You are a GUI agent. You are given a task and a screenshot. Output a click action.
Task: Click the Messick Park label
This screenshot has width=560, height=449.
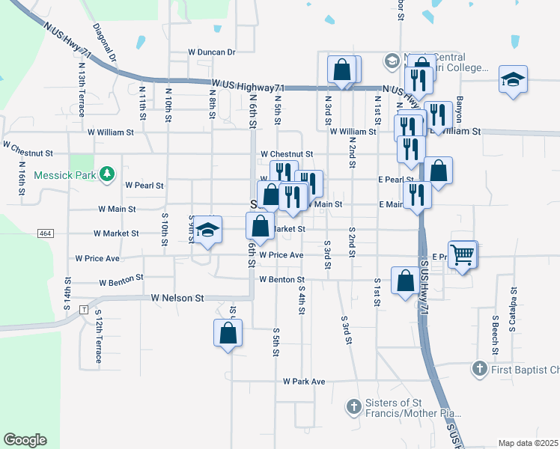click(65, 174)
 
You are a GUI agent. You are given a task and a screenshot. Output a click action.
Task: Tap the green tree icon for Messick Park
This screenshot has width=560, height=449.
click(107, 174)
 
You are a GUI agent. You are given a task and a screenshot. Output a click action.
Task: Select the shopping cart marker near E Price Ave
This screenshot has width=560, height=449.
click(463, 256)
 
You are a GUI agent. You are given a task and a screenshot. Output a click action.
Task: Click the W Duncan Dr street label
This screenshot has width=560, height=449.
click(212, 52)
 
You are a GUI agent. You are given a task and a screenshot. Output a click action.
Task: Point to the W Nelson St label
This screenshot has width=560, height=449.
click(177, 298)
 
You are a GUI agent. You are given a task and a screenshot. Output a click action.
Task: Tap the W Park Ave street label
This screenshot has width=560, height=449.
click(304, 382)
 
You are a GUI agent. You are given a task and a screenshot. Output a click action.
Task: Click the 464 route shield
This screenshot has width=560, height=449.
click(45, 233)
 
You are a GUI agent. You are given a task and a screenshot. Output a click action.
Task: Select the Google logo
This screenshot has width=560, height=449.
click(25, 440)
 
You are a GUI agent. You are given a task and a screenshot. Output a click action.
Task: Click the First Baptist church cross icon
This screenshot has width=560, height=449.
click(479, 369)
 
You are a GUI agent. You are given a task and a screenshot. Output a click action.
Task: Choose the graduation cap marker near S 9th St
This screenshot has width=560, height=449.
click(209, 230)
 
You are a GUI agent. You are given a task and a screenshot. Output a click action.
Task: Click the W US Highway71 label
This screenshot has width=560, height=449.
click(246, 85)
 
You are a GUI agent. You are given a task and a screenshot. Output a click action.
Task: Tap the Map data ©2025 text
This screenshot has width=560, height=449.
click(528, 443)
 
